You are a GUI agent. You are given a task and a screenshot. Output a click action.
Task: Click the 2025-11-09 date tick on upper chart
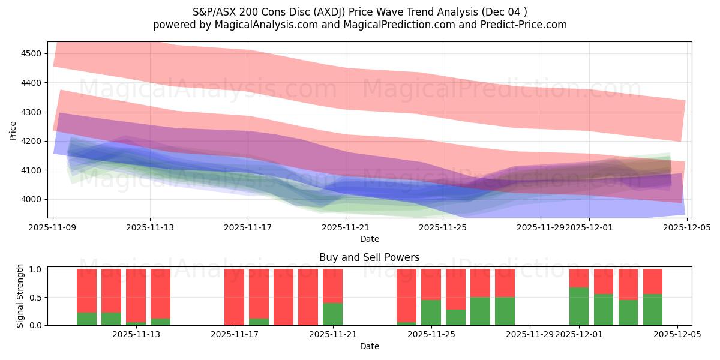click(x=53, y=227)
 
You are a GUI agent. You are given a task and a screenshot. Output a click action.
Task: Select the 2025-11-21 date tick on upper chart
click(x=346, y=227)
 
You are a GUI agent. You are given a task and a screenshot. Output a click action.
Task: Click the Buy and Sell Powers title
click(x=370, y=258)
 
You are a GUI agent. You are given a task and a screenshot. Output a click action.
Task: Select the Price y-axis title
click(x=13, y=130)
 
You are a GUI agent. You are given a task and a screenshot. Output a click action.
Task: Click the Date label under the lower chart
click(x=370, y=346)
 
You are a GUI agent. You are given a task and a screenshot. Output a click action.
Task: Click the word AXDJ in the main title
click(x=323, y=11)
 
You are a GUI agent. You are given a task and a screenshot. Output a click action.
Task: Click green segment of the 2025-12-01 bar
click(x=579, y=307)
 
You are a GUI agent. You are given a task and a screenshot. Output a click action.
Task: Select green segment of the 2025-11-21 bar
click(x=333, y=314)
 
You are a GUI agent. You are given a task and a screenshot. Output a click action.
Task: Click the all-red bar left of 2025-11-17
click(x=234, y=297)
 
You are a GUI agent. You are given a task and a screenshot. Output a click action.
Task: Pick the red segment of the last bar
click(x=653, y=281)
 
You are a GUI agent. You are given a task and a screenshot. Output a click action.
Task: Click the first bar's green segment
click(x=86, y=319)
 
